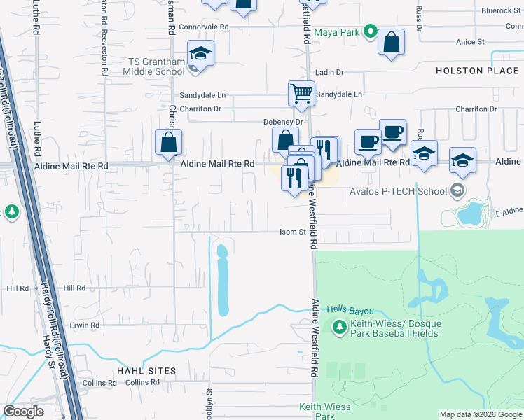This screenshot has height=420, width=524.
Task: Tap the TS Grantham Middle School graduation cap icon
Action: click(200, 53)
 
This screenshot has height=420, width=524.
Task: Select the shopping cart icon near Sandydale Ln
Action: click(301, 92)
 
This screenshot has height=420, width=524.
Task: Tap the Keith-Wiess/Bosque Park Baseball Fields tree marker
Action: click(339, 327)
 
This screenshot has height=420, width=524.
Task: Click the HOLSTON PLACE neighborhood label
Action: click(478, 71)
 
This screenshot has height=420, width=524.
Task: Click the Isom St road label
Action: click(294, 232)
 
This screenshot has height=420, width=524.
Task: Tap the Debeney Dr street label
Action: click(282, 121)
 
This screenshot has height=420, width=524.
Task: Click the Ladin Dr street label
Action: click(329, 72)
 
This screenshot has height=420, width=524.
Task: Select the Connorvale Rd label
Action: click(204, 27)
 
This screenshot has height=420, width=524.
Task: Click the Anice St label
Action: click(470, 42)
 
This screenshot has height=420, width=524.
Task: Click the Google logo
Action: click(24, 411)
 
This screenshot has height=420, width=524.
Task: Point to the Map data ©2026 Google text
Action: click(481, 414)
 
